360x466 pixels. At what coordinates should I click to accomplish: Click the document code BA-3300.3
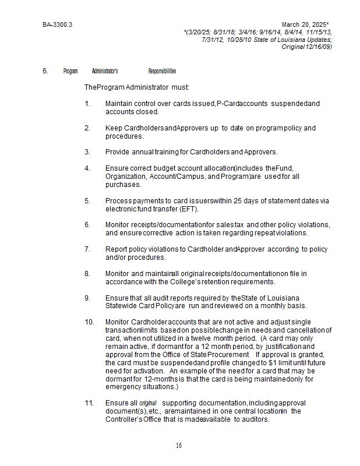tap(57, 25)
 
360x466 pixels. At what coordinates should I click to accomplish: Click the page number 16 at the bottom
tap(179, 446)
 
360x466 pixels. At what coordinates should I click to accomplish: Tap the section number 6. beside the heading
tap(45, 71)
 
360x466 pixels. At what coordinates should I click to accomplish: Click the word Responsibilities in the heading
tap(162, 71)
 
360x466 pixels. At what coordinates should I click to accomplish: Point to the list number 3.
tap(87, 152)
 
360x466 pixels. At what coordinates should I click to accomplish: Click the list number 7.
tap(87, 249)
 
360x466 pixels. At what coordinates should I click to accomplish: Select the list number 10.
tap(89, 322)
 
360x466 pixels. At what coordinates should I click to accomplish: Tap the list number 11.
tap(89, 403)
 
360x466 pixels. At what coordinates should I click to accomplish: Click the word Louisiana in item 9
tap(288, 298)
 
